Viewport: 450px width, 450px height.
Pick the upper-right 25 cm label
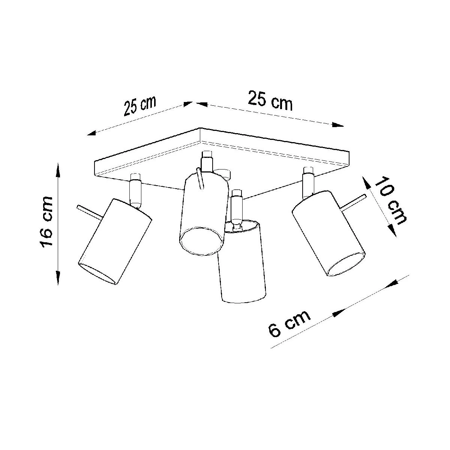[x=270, y=100]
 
